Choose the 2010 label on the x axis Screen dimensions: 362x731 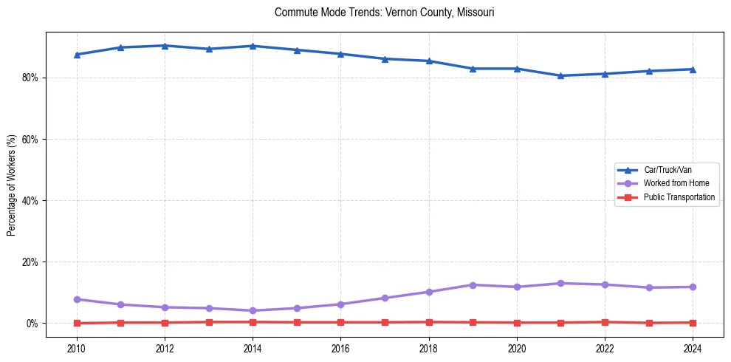(77, 348)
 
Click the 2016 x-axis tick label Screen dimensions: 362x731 (340, 348)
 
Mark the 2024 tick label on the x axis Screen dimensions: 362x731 (693, 348)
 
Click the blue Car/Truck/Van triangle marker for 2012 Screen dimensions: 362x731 (165, 46)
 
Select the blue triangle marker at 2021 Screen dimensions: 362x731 (560, 75)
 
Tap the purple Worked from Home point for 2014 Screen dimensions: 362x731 (253, 310)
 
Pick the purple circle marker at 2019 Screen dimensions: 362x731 (473, 285)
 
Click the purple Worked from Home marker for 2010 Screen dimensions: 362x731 (77, 299)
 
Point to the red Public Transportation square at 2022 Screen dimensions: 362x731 (605, 322)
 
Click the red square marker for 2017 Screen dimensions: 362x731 (385, 322)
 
